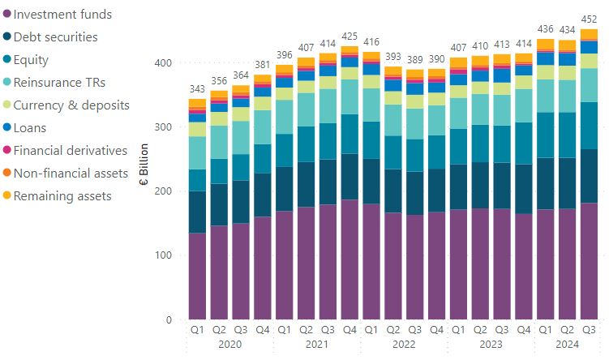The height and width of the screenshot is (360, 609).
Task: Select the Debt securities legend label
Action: [56, 37]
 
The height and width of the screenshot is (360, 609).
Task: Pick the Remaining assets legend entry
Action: [62, 195]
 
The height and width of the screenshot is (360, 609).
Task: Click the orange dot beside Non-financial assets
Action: [6, 173]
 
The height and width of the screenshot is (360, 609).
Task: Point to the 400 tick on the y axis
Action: [163, 63]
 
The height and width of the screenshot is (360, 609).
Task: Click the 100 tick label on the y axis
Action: [163, 255]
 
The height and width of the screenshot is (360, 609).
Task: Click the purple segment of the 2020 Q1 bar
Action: [197, 276]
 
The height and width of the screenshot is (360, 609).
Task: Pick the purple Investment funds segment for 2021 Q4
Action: [350, 259]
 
